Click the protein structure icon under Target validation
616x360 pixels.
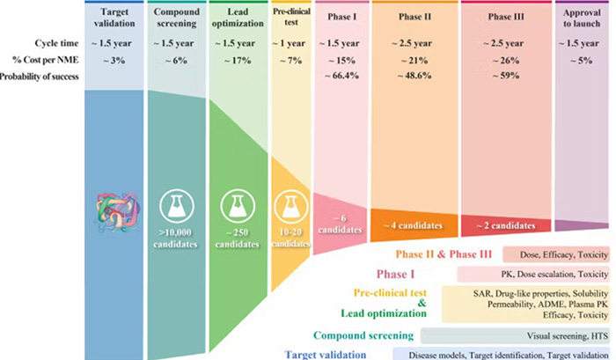[117, 212]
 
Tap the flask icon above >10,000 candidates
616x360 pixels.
[177, 206]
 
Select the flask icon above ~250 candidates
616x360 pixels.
[238, 206]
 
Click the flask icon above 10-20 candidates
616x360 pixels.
[291, 206]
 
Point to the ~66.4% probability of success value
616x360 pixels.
[341, 76]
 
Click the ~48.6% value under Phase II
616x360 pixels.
[414, 76]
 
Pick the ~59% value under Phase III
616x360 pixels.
[506, 76]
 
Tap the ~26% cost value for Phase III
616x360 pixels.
[506, 61]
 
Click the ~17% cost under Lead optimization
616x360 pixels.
[238, 61]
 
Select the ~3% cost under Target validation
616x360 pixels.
[114, 61]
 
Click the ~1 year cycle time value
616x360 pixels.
[289, 43]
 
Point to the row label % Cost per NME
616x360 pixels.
[46, 60]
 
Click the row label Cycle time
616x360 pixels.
[56, 43]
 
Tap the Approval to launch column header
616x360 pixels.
[582, 18]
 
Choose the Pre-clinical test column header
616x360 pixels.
[291, 17]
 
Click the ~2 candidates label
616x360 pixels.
[506, 225]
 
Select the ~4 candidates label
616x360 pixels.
[413, 225]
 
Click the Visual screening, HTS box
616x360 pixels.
[515, 336]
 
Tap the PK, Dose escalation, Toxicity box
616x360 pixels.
[533, 275]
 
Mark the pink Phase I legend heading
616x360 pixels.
[396, 274]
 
